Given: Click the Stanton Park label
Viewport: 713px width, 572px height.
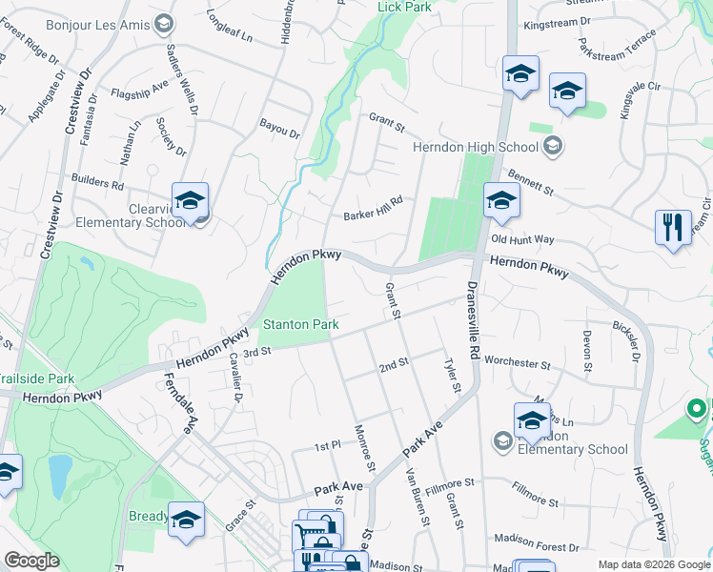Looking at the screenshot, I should pos(301,325).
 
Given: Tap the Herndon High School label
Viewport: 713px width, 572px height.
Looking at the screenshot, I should pos(477,147).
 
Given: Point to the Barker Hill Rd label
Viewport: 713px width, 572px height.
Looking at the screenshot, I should pos(374,207).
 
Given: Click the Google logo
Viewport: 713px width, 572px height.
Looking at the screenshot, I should pos(31,561).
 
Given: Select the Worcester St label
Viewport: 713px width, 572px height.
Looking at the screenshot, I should pos(518,363).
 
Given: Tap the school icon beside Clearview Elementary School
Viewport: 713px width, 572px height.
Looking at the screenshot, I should pos(191,201).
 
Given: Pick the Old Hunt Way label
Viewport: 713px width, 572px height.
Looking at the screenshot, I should pos(523,239).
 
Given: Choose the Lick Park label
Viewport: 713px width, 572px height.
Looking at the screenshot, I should pos(404,7).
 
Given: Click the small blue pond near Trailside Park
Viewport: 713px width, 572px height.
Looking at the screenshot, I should pos(58,471).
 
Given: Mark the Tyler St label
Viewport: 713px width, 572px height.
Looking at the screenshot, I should pos(452,375).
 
